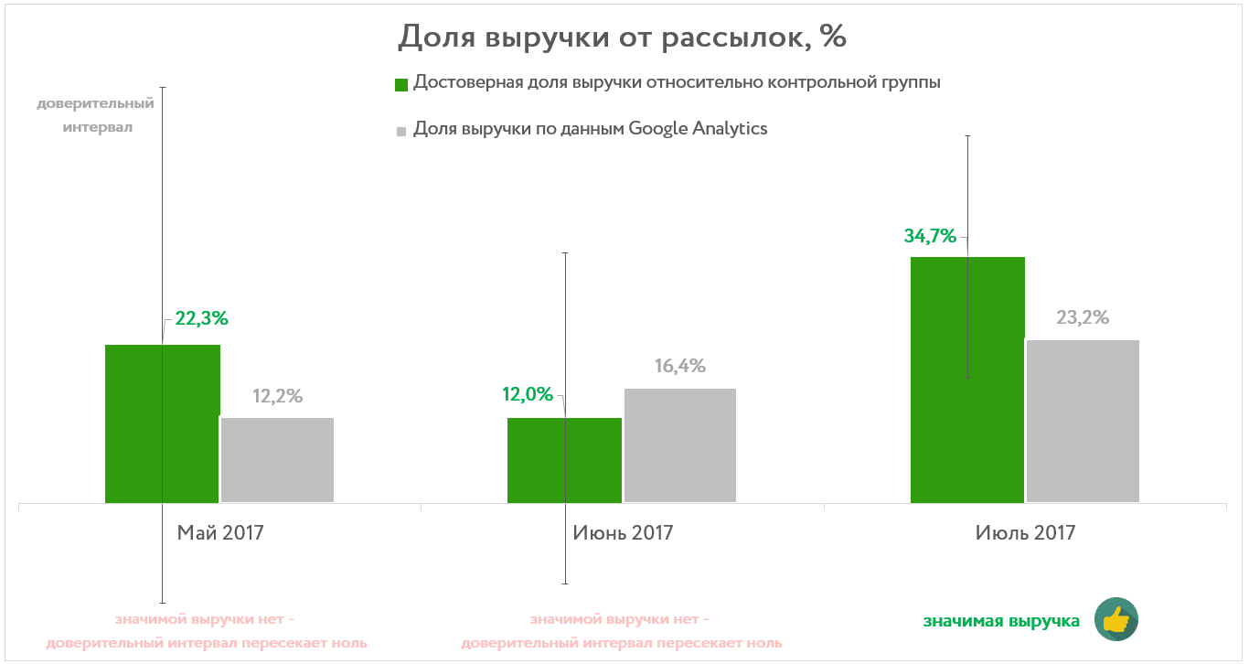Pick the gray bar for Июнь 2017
tap(680, 445)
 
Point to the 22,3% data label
tap(201, 319)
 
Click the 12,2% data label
tap(277, 397)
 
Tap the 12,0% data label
tap(528, 395)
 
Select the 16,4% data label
tap(680, 367)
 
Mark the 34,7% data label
tap(930, 236)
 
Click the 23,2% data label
tap(1083, 318)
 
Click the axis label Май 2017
tap(220, 532)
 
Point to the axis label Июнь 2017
tap(623, 532)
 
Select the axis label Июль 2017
tap(1025, 532)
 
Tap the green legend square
tap(400, 85)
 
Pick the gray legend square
tap(400, 132)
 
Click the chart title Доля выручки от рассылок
tap(623, 37)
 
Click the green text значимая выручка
tap(1001, 622)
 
